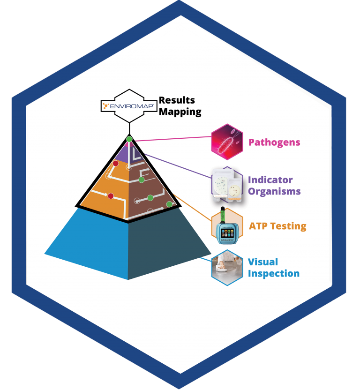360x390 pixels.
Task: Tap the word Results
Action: tap(177, 100)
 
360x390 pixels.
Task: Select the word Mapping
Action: tap(180, 112)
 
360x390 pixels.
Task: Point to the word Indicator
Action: tap(270, 180)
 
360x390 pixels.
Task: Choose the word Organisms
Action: tap(274, 191)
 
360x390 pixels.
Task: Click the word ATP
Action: tap(259, 226)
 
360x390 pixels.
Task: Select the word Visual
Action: tap(263, 262)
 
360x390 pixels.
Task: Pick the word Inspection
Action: tap(274, 273)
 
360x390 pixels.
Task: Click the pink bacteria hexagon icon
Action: tap(227, 140)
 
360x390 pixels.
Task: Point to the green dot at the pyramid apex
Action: tap(129, 139)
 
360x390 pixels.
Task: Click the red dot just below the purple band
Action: tap(115, 164)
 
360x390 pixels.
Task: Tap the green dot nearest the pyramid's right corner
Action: tap(169, 204)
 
